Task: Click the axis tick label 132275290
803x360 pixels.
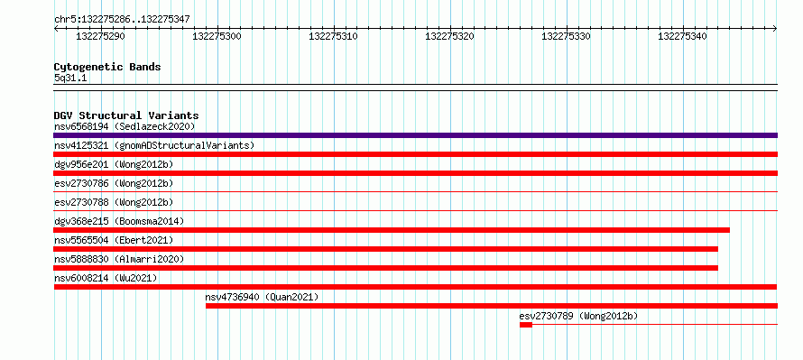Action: (x=100, y=36)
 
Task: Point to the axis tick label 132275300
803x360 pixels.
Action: (x=217, y=36)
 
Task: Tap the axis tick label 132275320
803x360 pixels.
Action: (x=449, y=36)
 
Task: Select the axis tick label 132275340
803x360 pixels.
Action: (x=682, y=36)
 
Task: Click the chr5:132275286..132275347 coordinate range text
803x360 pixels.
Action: (x=122, y=20)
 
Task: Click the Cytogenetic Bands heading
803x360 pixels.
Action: (x=107, y=67)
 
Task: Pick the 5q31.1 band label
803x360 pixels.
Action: (x=70, y=78)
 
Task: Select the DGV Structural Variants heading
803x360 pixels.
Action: (x=126, y=115)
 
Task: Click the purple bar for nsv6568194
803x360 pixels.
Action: (x=415, y=135)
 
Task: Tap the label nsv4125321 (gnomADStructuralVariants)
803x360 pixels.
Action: (x=154, y=146)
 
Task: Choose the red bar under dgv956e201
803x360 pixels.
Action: (x=415, y=173)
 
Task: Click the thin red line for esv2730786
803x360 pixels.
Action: (x=415, y=192)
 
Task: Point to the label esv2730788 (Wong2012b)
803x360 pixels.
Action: (x=114, y=202)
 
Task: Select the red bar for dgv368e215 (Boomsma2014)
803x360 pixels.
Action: (x=392, y=230)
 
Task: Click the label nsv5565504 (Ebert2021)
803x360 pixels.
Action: (x=114, y=240)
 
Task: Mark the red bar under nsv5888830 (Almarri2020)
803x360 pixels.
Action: (x=385, y=268)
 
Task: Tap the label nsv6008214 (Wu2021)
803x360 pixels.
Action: (x=106, y=278)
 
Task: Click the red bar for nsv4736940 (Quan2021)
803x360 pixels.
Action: (x=492, y=306)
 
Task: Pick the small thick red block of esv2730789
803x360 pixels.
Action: (x=526, y=325)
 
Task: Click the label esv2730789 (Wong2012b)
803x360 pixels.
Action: (x=578, y=316)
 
